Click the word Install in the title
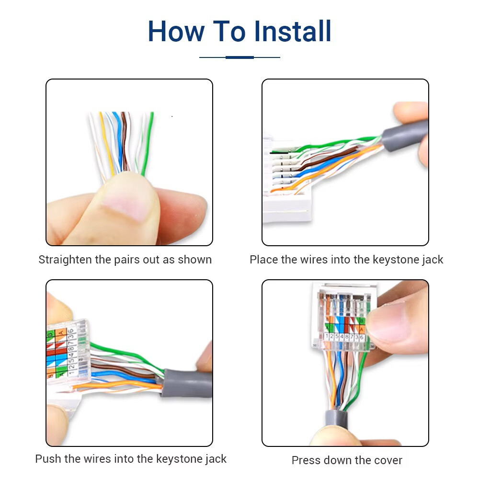pyautogui.click(x=293, y=32)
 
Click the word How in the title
pyautogui.click(x=176, y=32)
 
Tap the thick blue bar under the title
pyautogui.click(x=239, y=57)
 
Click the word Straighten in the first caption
pyautogui.click(x=65, y=260)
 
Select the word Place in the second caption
pyautogui.click(x=263, y=260)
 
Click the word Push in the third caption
pyautogui.click(x=48, y=459)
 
